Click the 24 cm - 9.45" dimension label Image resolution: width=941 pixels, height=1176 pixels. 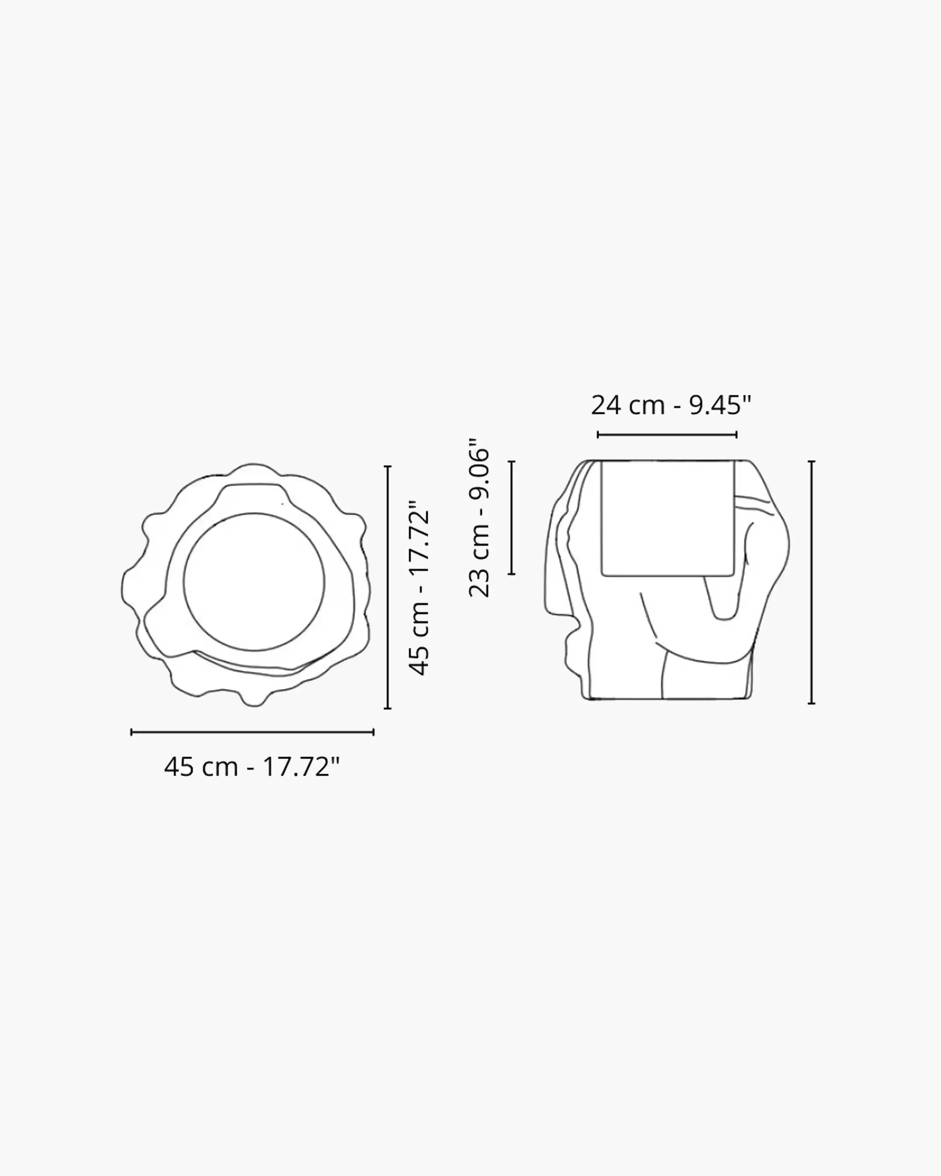pos(671,405)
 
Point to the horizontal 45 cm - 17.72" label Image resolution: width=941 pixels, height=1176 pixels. pos(252,767)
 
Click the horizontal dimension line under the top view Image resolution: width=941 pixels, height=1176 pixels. pos(253,732)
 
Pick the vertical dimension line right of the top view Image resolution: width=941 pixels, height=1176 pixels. pos(388,587)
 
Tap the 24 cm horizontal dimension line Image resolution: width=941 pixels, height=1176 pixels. pos(667,435)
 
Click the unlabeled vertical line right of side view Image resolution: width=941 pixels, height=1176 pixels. pos(812,583)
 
